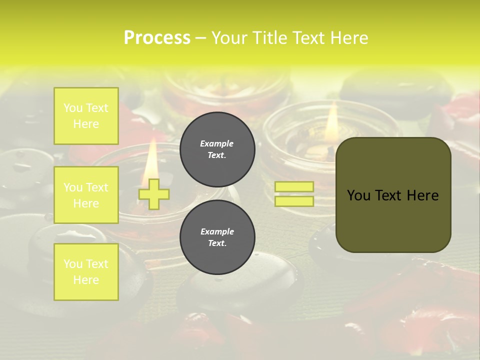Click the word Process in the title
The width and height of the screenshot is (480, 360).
click(x=157, y=38)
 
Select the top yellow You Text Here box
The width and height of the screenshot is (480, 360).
click(x=86, y=116)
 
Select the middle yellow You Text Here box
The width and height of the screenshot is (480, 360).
click(x=86, y=195)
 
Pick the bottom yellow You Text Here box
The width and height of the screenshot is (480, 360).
click(x=86, y=272)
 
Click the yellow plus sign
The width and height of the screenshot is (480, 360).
click(x=153, y=194)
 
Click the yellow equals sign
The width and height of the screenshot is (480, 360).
click(x=294, y=194)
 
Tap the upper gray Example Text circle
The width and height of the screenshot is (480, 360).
click(x=217, y=149)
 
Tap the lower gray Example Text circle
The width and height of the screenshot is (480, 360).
click(x=217, y=237)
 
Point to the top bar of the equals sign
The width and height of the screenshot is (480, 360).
click(x=294, y=187)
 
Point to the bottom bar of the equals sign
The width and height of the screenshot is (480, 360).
click(x=294, y=201)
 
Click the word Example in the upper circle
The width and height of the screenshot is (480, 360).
click(x=217, y=144)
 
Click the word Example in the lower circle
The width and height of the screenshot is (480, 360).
click(x=217, y=232)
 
